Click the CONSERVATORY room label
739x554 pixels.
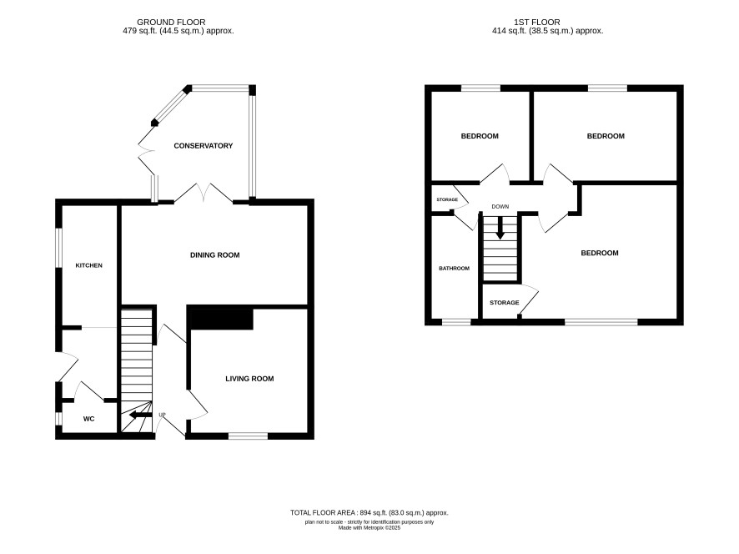[x=204, y=146]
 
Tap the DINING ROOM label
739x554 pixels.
[x=215, y=255]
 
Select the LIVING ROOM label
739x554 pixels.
[x=249, y=379]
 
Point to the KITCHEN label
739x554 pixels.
[x=88, y=265]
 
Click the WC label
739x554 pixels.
[x=88, y=419]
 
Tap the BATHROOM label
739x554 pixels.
[x=454, y=269]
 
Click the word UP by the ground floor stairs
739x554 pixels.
[x=162, y=415]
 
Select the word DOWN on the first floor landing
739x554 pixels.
[x=500, y=207]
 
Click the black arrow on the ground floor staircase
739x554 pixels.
[x=140, y=415]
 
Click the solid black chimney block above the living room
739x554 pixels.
[x=220, y=318]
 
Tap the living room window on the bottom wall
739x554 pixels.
[x=249, y=436]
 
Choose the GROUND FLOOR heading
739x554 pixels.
[x=171, y=23]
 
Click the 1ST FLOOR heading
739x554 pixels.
[x=537, y=23]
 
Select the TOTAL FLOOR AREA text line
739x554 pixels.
[x=369, y=512]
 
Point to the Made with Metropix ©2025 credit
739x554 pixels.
[x=369, y=528]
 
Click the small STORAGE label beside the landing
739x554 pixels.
[x=447, y=199]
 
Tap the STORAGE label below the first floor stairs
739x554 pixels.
[x=505, y=303]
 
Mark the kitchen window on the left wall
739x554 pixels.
[x=59, y=249]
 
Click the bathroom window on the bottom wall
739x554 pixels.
[x=456, y=322]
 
